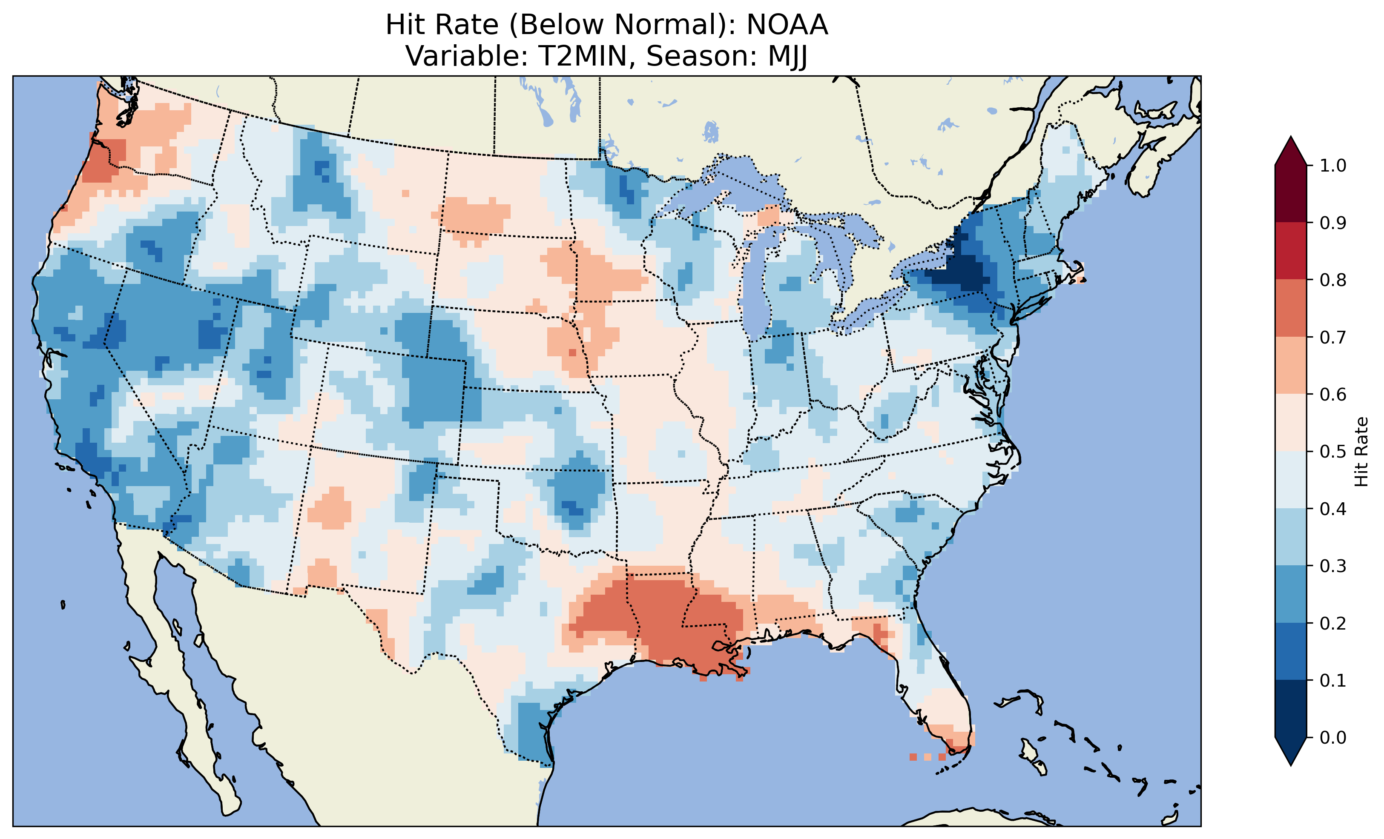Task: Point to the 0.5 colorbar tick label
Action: tap(1333, 452)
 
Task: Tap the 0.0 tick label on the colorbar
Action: tap(1333, 737)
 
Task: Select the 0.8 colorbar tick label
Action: tap(1333, 280)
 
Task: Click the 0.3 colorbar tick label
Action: tap(1333, 566)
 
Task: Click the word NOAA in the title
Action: tap(787, 25)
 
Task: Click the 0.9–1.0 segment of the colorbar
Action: tap(1291, 194)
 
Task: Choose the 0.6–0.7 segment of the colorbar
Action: tap(1291, 365)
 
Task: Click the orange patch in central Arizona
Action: tap(331, 508)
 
